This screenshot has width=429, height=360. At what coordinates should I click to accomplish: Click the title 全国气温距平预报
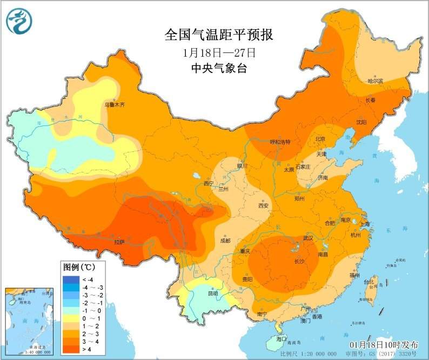(x=218, y=35)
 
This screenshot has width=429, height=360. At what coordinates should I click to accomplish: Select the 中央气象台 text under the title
(x=218, y=68)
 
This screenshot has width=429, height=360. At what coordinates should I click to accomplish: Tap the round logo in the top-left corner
(x=19, y=21)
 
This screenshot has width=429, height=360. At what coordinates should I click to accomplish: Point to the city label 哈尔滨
(x=374, y=81)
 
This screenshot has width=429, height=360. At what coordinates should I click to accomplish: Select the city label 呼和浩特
(x=280, y=142)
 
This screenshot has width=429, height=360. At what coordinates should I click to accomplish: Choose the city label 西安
(x=263, y=205)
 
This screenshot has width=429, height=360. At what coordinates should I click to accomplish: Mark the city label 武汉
(x=309, y=238)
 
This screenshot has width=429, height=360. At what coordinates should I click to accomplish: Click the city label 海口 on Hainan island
(x=281, y=338)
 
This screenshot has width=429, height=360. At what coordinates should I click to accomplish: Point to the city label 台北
(x=368, y=282)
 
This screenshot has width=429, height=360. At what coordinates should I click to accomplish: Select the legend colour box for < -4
(x=70, y=279)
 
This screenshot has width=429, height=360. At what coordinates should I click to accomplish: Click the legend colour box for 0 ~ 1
(x=70, y=319)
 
